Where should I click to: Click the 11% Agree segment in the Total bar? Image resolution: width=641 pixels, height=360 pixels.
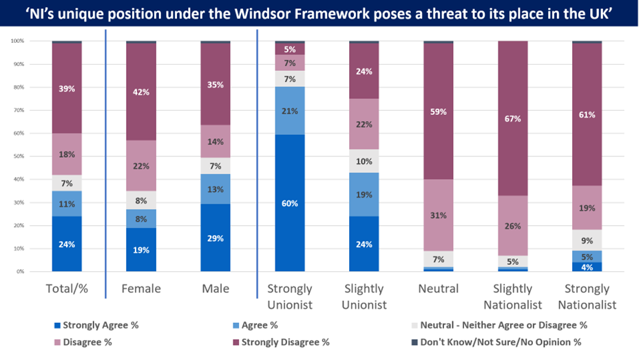pos(67,204)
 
